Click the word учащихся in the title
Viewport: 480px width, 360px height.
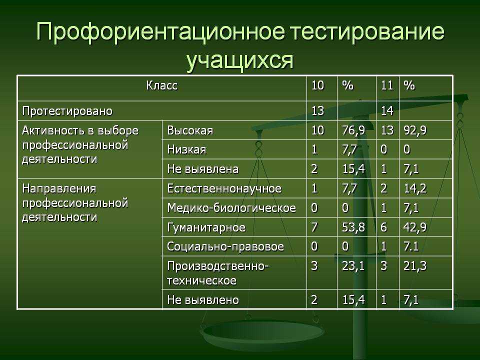point(240,60)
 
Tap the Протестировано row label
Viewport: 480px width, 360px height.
point(67,111)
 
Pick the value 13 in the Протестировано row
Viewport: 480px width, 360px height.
point(318,110)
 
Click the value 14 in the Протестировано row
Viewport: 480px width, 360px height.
point(387,110)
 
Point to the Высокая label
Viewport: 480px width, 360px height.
point(190,130)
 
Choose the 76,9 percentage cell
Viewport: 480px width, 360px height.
point(353,130)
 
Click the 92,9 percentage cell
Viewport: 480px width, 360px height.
point(415,130)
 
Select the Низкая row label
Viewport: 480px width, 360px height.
point(186,149)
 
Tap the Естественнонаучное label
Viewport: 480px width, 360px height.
point(224,188)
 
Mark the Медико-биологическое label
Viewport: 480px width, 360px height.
point(231,208)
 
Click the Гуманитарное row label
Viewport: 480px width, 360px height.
point(206,227)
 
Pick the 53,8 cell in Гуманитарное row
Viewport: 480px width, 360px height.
point(353,227)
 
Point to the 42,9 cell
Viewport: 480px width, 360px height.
point(415,227)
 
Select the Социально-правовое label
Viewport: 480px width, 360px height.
point(225,246)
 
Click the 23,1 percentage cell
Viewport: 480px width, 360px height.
point(353,265)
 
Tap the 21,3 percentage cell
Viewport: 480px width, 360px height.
point(415,265)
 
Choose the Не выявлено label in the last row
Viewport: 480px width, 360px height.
point(203,299)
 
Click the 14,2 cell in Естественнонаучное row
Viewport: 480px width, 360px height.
point(415,188)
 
